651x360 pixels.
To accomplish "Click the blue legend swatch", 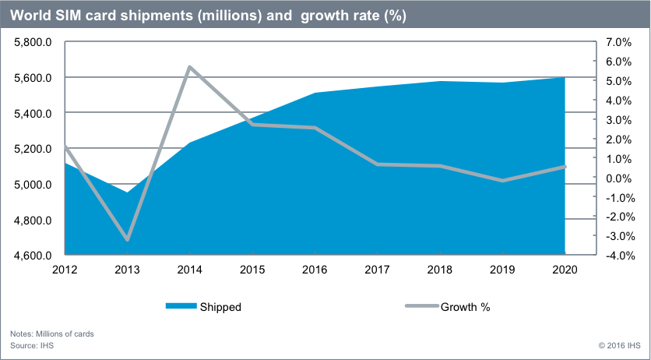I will [x=181, y=305].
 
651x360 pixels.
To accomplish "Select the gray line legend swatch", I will [x=422, y=305].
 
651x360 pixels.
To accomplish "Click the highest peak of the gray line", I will [x=190, y=66].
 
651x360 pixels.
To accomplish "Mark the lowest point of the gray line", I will [x=127, y=239].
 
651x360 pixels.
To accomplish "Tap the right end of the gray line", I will [x=565, y=167].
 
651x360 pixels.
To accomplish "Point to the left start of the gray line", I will [x=65, y=146].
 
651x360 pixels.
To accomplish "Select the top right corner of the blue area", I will [x=564, y=78].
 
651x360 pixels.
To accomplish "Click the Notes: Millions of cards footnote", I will [x=52, y=334].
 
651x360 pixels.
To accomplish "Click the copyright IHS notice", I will [x=619, y=344].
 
